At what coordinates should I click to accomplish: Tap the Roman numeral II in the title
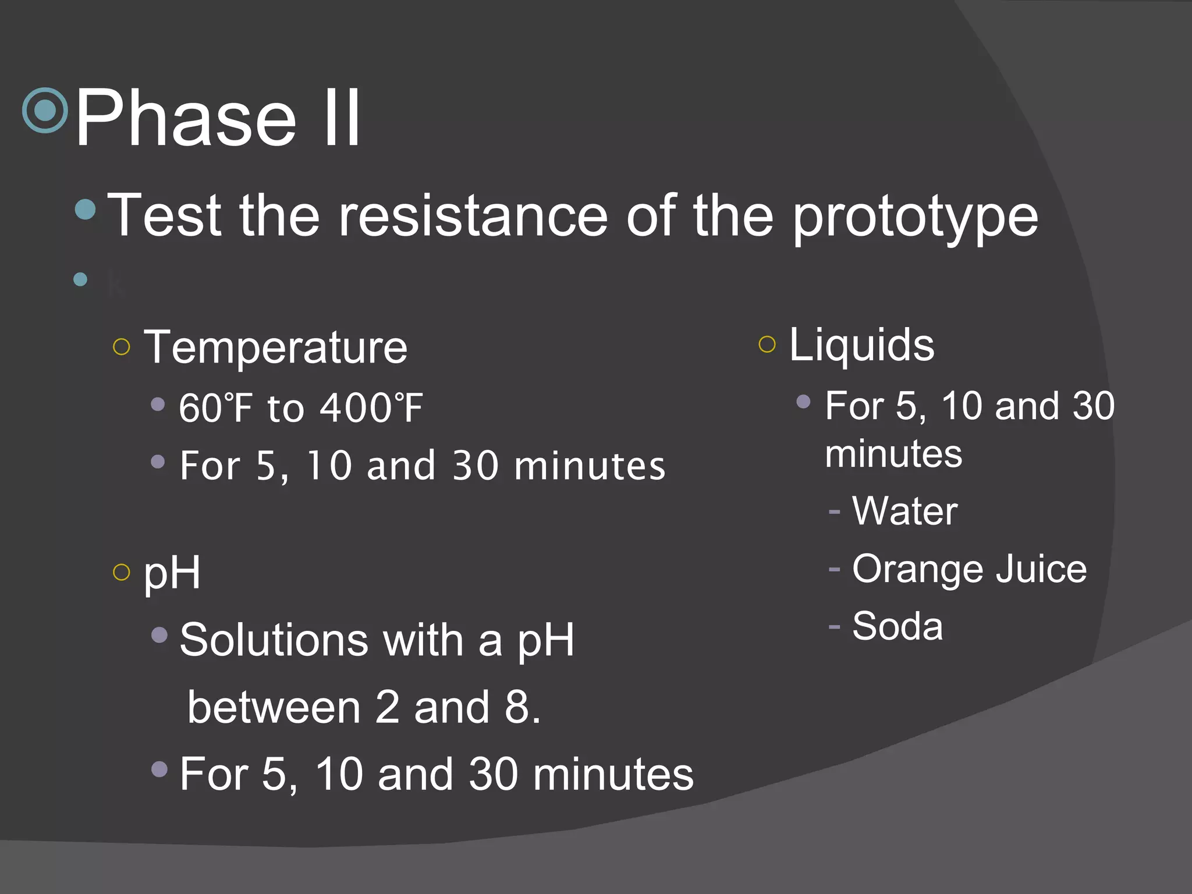(x=342, y=118)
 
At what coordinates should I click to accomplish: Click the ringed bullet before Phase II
(x=45, y=110)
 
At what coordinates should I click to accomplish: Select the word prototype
(x=916, y=217)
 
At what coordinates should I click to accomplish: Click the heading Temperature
(x=275, y=347)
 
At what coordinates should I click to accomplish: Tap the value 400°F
(x=371, y=408)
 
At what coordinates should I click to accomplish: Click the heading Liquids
(x=861, y=345)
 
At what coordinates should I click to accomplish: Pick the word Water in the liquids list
(x=904, y=511)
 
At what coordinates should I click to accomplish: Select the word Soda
(x=897, y=626)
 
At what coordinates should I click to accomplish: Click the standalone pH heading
(x=172, y=573)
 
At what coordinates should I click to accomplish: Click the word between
(x=274, y=708)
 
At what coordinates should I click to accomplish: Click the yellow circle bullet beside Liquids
(x=767, y=345)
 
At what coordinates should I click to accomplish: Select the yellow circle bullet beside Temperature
(x=121, y=347)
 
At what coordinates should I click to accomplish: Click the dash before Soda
(x=835, y=627)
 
